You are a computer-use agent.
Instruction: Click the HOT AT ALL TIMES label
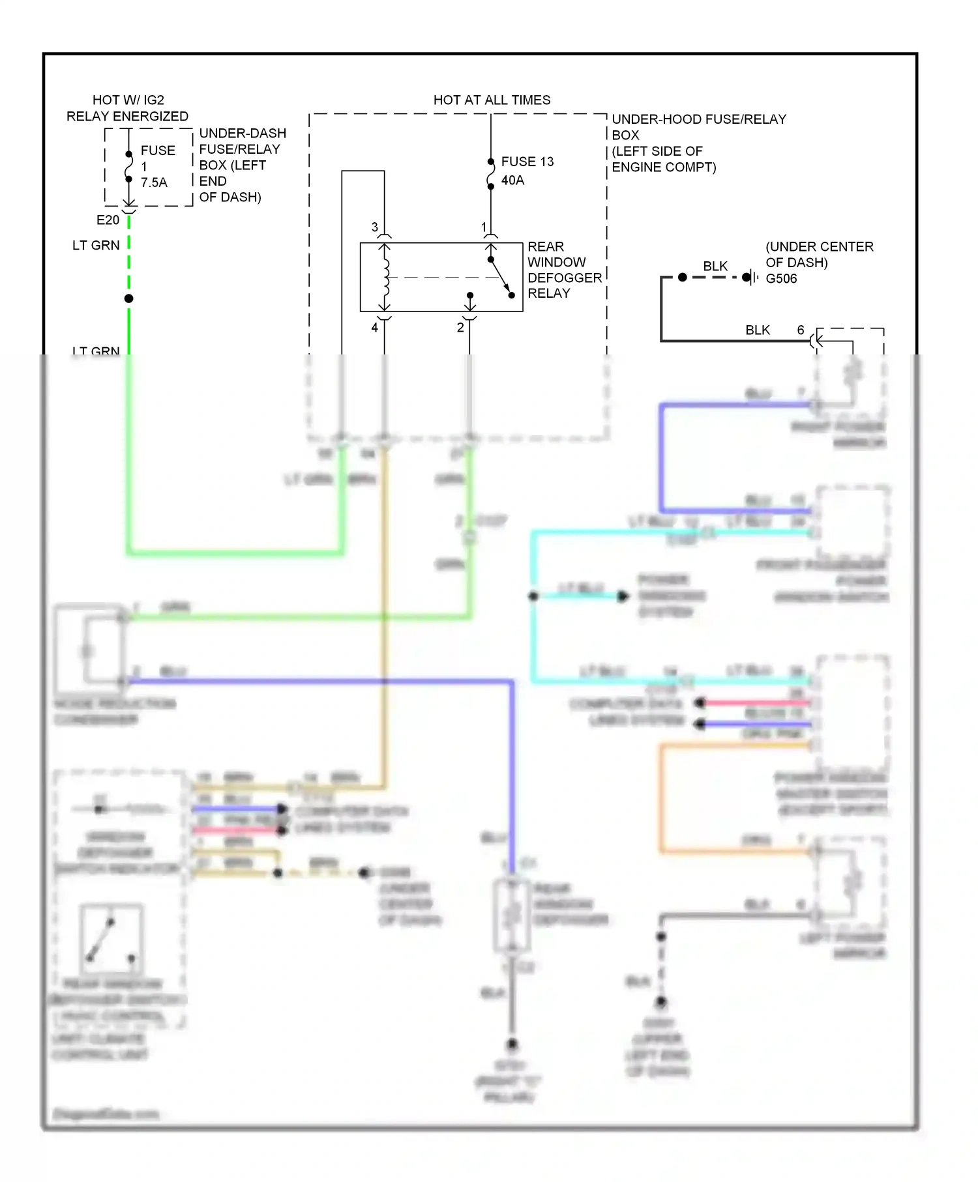[x=492, y=100]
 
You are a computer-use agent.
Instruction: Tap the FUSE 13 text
[x=527, y=161]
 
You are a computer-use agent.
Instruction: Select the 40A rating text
[x=512, y=180]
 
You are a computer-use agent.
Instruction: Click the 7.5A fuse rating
[x=154, y=182]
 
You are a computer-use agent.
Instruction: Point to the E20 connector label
[x=108, y=220]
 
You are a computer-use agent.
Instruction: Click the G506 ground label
[x=781, y=278]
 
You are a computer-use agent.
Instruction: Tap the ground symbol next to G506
[x=753, y=278]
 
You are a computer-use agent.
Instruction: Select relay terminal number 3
[x=374, y=227]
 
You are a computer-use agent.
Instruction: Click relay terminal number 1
[x=484, y=227]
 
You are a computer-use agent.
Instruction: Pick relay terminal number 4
[x=374, y=327]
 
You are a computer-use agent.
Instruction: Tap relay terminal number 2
[x=460, y=327]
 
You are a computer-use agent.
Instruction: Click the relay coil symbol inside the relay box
[x=385, y=277]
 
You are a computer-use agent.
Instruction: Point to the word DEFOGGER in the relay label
[x=565, y=278]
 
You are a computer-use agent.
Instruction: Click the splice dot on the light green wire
[x=129, y=298]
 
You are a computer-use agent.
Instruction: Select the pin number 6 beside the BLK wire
[x=801, y=330]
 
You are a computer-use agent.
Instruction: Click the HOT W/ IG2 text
[x=128, y=100]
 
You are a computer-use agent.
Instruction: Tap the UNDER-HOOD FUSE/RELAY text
[x=699, y=119]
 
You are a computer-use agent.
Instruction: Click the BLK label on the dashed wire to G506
[x=715, y=266]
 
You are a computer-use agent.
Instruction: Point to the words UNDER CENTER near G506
[x=820, y=246]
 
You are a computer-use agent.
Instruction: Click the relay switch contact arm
[x=500, y=276]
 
